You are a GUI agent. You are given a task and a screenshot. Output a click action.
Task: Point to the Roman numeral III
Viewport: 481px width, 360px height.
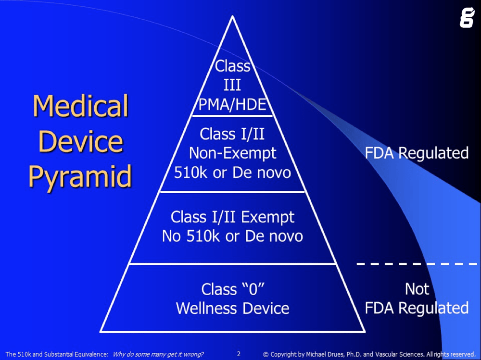(x=232, y=85)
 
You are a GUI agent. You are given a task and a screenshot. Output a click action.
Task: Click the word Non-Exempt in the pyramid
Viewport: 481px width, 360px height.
(x=232, y=153)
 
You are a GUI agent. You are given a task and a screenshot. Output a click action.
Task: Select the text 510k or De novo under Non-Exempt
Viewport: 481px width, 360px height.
(x=232, y=173)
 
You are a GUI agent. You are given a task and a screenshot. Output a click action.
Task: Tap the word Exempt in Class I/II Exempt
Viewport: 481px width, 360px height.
(x=267, y=217)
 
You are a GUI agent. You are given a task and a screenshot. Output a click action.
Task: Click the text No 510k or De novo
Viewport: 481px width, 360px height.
(x=232, y=236)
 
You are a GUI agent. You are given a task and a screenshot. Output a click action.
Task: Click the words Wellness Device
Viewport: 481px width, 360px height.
(x=232, y=308)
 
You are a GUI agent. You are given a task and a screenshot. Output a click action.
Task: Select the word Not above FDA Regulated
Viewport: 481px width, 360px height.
(x=417, y=289)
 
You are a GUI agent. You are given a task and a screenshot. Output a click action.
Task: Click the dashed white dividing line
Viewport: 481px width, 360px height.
(x=417, y=264)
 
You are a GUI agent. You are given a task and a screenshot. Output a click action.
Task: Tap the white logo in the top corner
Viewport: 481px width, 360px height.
(x=466, y=18)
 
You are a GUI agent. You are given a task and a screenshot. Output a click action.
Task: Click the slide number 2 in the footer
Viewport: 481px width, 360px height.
(x=239, y=354)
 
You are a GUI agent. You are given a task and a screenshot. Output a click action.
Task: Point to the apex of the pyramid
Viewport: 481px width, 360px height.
(x=232, y=17)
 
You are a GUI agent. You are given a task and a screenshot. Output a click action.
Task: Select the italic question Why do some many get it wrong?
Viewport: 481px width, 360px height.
(x=158, y=354)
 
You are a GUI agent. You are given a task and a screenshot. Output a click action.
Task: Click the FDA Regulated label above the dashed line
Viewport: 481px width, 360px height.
(x=417, y=153)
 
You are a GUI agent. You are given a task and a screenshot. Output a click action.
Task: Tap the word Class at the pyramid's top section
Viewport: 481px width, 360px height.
(x=232, y=66)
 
